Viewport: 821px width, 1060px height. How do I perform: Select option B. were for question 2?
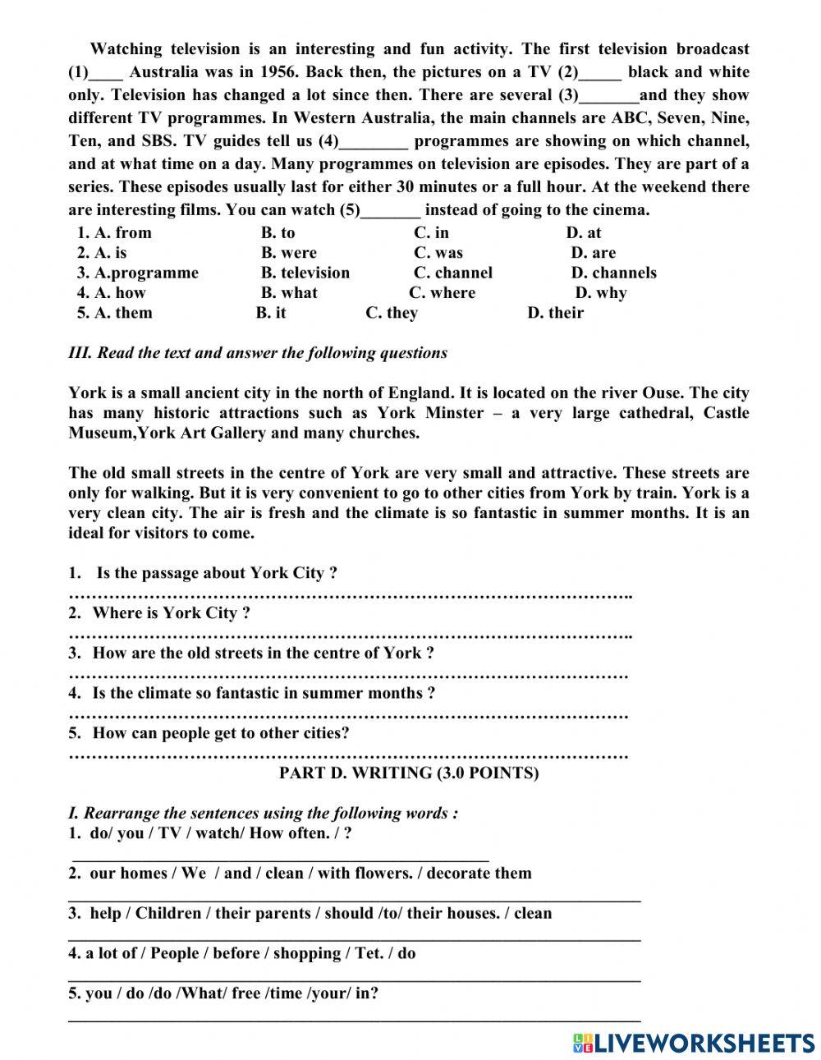[x=288, y=253]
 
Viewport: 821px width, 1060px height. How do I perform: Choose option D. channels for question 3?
[x=613, y=273]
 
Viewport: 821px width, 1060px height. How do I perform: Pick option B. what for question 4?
[x=289, y=293]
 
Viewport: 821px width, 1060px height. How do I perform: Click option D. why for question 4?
[x=600, y=293]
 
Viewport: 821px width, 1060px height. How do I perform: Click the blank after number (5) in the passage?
[x=391, y=210]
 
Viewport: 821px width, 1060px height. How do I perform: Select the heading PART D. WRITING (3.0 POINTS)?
[x=409, y=773]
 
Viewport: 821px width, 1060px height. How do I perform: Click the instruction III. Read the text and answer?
[x=258, y=353]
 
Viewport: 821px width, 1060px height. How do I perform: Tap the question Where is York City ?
[x=171, y=613]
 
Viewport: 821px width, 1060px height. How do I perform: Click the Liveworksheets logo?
[x=694, y=1042]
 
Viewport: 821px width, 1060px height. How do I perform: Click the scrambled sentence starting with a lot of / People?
[x=242, y=953]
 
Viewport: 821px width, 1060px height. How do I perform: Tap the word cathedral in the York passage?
[x=654, y=413]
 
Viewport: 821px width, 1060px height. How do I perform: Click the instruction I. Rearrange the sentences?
[x=263, y=814]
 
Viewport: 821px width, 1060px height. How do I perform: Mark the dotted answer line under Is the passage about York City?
[x=350, y=594]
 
